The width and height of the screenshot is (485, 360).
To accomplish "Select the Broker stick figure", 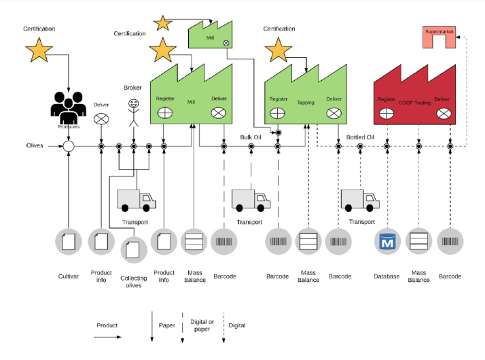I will coord(133,109).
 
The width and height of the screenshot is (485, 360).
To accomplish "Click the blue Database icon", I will coord(387,242).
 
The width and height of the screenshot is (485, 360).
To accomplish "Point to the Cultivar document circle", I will coord(69,242).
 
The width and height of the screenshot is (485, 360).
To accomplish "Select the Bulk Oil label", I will coord(251,137).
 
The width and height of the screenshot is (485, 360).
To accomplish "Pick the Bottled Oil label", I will coord(361,137).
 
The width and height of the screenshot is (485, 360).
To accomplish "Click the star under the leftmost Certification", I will coord(39,50).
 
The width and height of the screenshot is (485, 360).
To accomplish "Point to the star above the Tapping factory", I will coord(278,50).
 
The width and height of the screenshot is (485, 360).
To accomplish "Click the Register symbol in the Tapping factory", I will coord(278,113).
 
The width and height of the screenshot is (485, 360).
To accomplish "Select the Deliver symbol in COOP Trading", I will coord(442,113).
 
